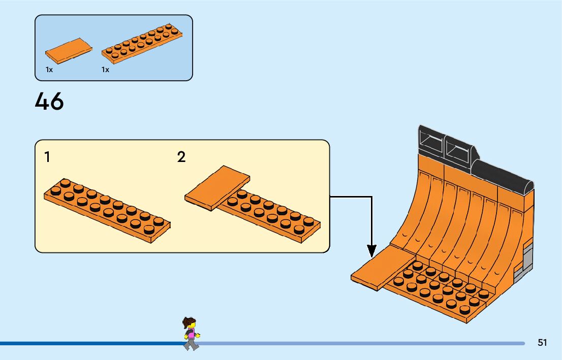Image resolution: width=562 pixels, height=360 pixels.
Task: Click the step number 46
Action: tap(49, 102)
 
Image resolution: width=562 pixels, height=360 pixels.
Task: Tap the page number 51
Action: tap(542, 343)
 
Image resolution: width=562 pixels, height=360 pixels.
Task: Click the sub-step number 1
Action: tap(47, 157)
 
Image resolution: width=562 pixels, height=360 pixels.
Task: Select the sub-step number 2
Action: tap(181, 157)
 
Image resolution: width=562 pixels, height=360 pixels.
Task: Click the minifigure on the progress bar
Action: tap(191, 334)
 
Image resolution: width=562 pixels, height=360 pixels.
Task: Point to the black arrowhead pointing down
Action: tap(372, 251)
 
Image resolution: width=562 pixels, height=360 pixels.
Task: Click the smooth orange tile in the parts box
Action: tap(69, 49)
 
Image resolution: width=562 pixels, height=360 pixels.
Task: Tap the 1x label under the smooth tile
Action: tap(49, 70)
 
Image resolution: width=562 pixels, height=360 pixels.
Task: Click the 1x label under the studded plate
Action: tap(105, 70)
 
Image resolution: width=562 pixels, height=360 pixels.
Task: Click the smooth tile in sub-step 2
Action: tap(217, 186)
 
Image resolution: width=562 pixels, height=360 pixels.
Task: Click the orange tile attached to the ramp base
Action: tap(376, 268)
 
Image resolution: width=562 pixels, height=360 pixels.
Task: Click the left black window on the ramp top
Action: tap(430, 141)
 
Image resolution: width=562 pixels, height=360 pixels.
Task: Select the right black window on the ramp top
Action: tap(459, 150)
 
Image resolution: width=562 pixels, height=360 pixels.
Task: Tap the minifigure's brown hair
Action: tap(189, 322)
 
